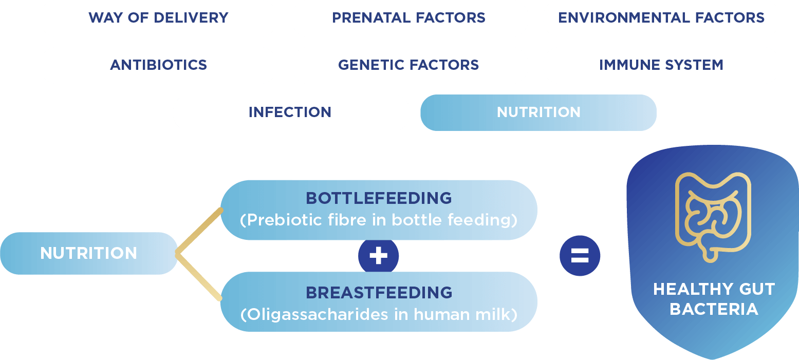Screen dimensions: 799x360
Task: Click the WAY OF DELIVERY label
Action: (x=158, y=18)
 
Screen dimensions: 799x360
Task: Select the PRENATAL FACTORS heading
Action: (x=408, y=18)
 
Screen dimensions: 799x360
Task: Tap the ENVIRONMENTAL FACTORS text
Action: (x=661, y=18)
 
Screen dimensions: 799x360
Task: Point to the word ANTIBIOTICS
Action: (x=158, y=65)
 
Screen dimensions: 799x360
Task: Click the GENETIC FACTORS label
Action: (x=408, y=65)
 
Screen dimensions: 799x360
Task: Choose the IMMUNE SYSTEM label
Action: (x=661, y=65)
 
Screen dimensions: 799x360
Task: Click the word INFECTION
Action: (x=290, y=112)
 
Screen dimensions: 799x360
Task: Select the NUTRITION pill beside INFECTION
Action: (x=538, y=112)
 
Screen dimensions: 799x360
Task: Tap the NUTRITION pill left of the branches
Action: (x=89, y=253)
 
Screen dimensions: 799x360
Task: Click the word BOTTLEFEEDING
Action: (x=379, y=198)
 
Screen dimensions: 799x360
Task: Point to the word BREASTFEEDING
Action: (x=379, y=293)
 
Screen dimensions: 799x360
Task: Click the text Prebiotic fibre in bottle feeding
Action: (x=379, y=220)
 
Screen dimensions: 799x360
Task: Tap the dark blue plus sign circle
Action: (x=379, y=256)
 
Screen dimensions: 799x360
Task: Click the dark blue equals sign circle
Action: (x=580, y=256)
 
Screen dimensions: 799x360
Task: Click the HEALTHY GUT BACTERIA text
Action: (x=714, y=299)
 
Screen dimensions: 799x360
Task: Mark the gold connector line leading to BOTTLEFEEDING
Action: (x=199, y=232)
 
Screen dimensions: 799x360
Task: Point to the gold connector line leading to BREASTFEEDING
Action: (x=199, y=276)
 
